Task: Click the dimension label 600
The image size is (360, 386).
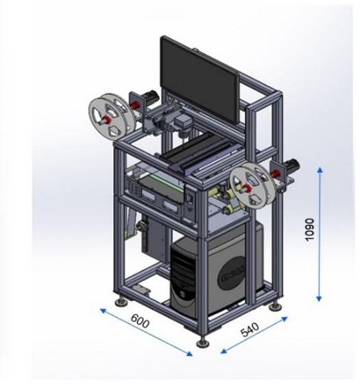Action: click(140, 321)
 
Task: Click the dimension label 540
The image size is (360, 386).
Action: click(250, 329)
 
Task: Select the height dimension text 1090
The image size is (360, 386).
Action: click(309, 230)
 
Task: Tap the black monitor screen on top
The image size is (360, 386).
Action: click(200, 80)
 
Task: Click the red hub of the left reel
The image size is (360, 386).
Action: click(108, 120)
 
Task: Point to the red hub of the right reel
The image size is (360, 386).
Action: click(248, 189)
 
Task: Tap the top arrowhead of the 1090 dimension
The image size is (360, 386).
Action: click(320, 170)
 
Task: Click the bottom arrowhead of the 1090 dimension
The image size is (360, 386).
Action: click(319, 298)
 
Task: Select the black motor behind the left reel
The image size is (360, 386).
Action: click(151, 97)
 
